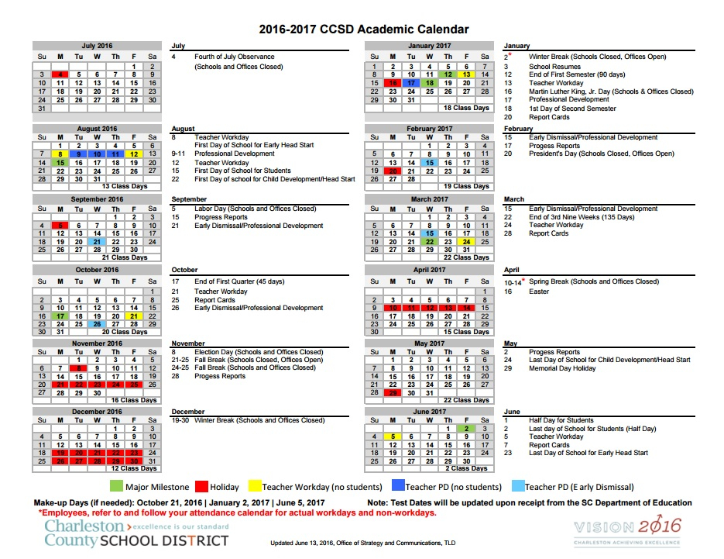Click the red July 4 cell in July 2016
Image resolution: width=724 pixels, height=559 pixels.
click(60, 74)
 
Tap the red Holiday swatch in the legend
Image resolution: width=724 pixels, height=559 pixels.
click(201, 486)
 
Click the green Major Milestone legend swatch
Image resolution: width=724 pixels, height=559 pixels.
click(115, 486)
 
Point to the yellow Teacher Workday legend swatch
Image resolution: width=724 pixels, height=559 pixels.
click(254, 486)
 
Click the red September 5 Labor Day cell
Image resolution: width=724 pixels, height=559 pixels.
click(60, 226)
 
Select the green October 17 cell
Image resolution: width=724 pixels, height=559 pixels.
click(60, 316)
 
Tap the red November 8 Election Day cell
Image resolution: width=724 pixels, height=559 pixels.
click(78, 368)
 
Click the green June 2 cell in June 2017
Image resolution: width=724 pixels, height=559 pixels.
click(466, 428)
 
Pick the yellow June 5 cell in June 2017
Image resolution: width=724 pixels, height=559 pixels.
click(393, 437)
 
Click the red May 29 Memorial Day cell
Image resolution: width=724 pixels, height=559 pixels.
click(393, 393)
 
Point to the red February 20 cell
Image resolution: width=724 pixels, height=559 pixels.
click(393, 171)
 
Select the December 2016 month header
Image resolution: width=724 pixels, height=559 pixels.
click(97, 412)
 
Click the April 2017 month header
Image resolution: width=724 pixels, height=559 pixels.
click(429, 271)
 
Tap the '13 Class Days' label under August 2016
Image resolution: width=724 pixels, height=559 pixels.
click(124, 187)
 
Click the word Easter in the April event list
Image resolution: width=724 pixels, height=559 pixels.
click(538, 292)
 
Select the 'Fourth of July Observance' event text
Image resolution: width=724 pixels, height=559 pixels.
click(234, 57)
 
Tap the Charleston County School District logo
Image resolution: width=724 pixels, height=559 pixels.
click(136, 533)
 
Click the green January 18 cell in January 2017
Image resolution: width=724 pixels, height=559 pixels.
click(430, 83)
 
